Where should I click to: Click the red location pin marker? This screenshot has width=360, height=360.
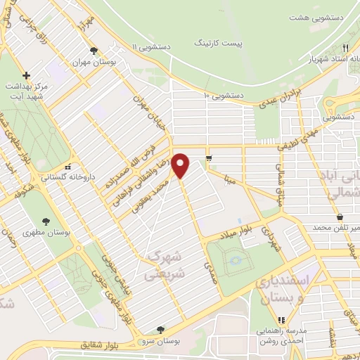coord(181,165)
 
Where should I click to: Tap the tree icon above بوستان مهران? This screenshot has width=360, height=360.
coord(94,50)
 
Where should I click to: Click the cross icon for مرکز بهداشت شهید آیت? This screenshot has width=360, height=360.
coord(27,75)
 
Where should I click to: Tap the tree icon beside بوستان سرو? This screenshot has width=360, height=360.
coord(162,328)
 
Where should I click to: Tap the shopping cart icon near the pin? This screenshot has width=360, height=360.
coord(209,157)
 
